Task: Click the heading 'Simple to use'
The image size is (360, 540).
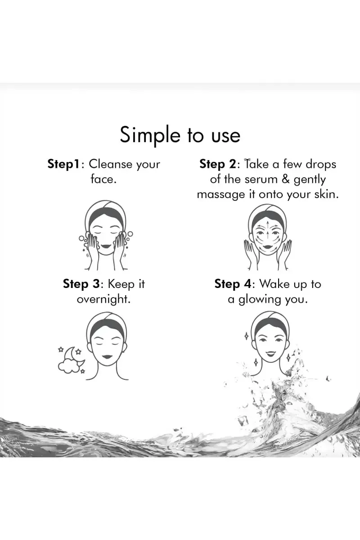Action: point(180,135)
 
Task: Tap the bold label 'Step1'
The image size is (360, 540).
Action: point(63,165)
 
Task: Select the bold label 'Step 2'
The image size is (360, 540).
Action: point(218,165)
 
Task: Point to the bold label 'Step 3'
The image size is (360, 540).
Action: point(81,284)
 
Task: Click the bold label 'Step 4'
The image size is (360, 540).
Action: point(233,284)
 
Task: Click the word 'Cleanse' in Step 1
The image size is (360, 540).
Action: point(111,164)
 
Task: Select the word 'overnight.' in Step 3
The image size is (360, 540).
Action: point(103,299)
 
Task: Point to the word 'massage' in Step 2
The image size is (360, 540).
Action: point(221,195)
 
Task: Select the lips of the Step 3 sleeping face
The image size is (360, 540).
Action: point(106,356)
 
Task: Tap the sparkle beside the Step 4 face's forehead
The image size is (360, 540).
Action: point(247,336)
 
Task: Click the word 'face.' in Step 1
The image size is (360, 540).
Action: point(103,180)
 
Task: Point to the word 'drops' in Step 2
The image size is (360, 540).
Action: point(321,164)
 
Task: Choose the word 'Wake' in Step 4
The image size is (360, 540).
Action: point(274,284)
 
